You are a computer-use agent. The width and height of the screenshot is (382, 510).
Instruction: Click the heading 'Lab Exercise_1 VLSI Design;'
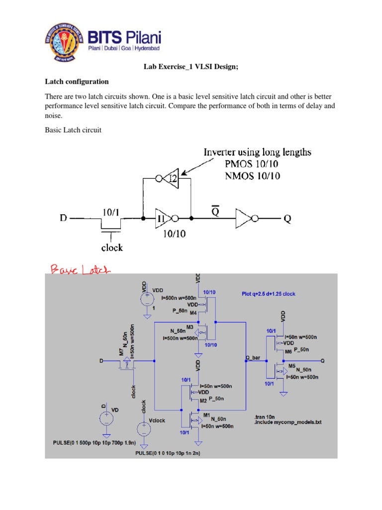click(x=191, y=67)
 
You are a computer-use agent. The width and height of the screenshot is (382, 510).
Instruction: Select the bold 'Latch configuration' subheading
click(x=77, y=81)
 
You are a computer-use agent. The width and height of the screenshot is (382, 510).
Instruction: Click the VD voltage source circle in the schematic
click(x=104, y=417)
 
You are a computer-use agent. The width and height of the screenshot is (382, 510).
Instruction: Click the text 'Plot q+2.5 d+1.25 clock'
click(x=268, y=294)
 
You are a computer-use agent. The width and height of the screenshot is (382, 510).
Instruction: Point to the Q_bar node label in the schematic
click(x=253, y=358)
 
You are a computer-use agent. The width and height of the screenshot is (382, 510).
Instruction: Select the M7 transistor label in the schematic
click(x=121, y=352)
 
